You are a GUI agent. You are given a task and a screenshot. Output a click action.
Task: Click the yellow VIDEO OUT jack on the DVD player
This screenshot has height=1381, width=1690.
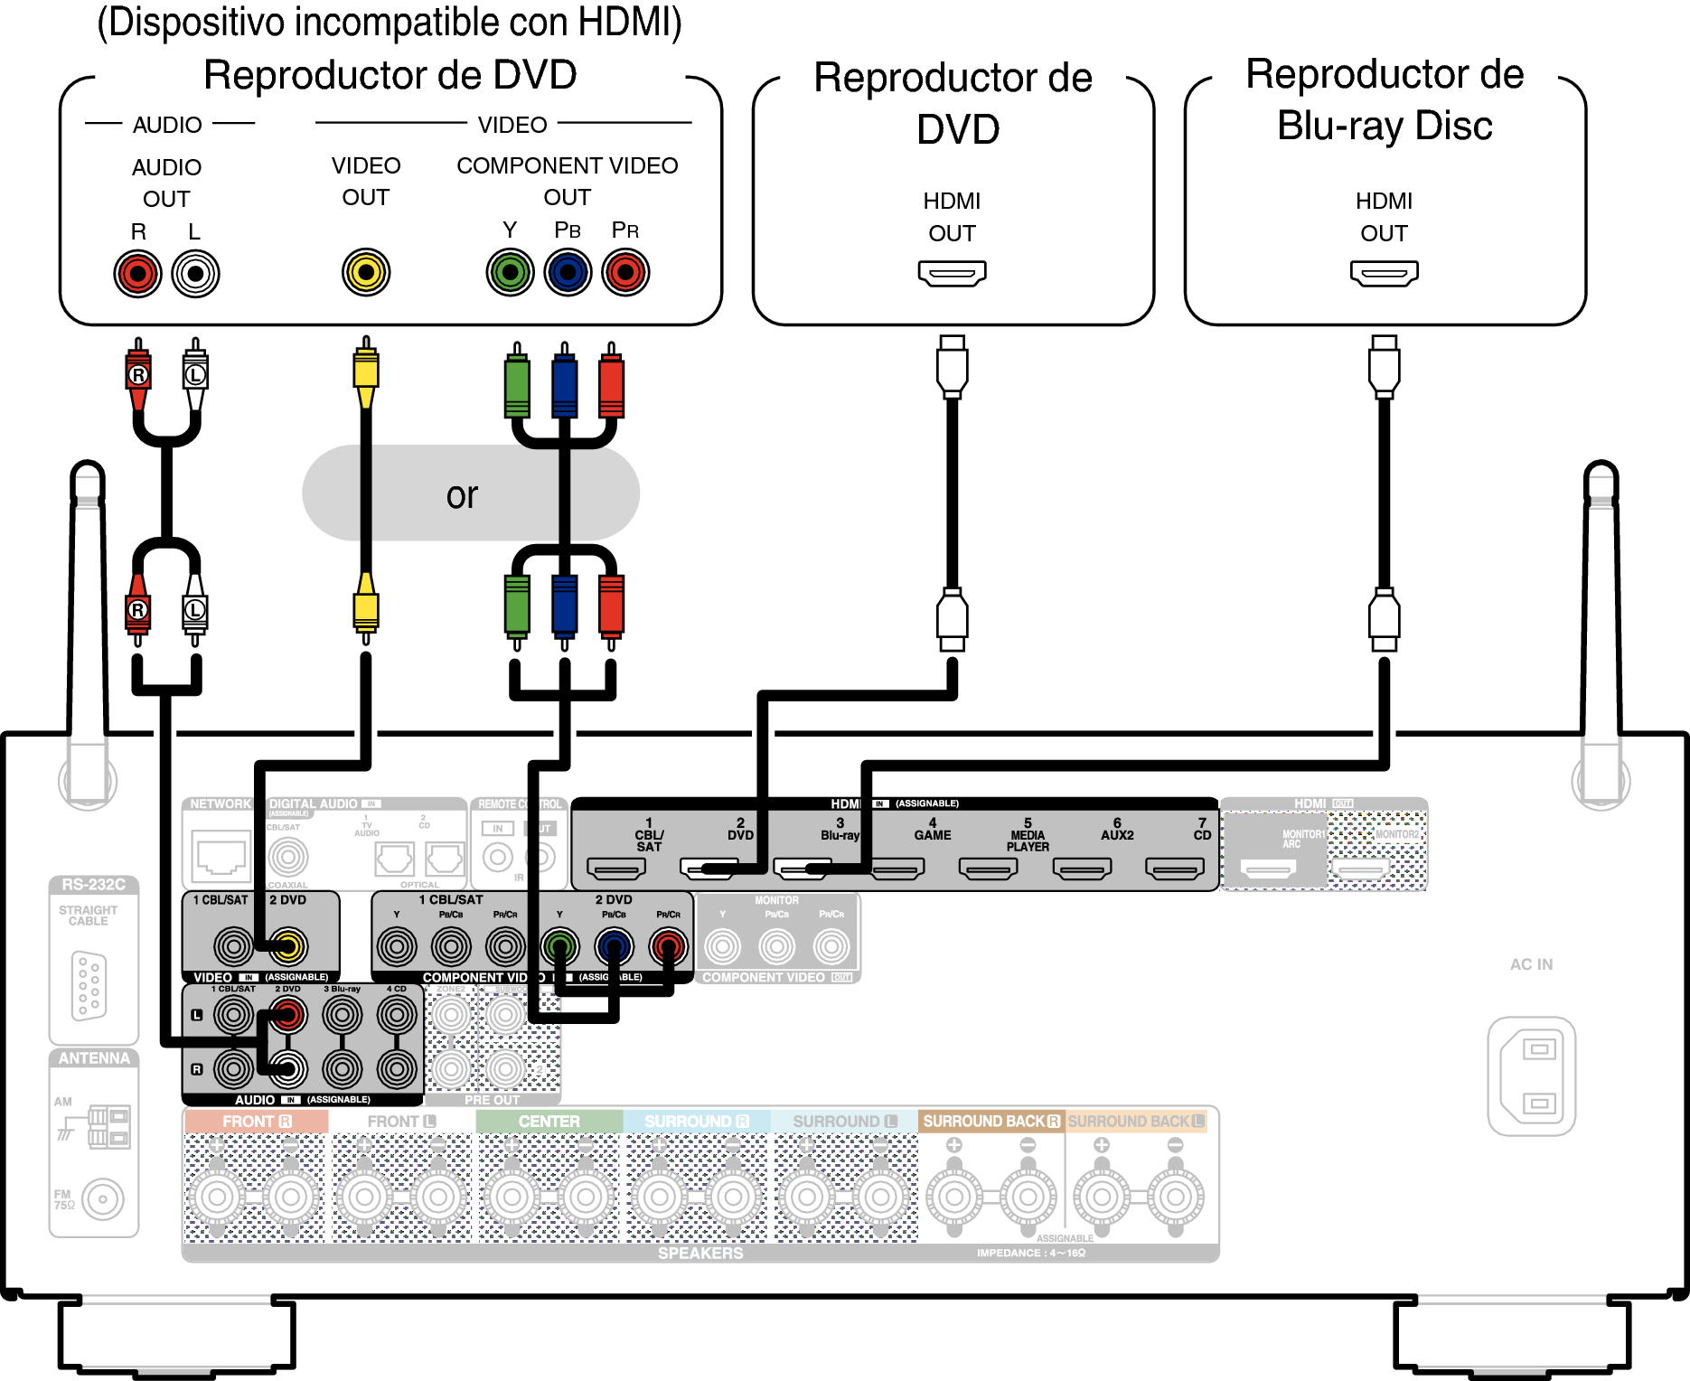tap(366, 272)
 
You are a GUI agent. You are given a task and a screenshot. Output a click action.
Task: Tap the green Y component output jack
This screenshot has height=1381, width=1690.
tap(511, 272)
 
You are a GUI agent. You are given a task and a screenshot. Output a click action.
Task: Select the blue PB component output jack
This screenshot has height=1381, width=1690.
tap(568, 272)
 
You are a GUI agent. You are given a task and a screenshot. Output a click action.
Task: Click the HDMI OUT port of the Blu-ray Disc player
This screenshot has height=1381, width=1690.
tap(1384, 272)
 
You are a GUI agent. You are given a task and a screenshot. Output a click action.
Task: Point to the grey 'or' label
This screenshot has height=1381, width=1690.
tap(463, 494)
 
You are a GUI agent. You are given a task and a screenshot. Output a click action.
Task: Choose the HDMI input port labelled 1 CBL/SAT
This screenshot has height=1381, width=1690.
tap(616, 869)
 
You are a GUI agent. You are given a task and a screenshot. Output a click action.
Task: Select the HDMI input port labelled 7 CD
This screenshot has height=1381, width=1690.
tap(1175, 869)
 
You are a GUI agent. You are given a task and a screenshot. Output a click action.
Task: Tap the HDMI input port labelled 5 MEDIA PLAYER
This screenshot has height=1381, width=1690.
tap(989, 869)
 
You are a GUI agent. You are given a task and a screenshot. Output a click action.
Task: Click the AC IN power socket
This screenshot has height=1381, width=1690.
tap(1532, 1076)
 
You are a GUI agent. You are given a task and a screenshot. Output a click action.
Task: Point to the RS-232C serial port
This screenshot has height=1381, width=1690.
tap(89, 985)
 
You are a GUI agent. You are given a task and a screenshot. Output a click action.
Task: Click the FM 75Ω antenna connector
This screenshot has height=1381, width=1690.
tap(103, 1200)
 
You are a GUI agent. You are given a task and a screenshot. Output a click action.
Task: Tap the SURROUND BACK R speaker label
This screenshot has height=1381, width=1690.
tap(991, 1122)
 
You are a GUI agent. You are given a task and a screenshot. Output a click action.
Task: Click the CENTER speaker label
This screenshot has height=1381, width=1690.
tap(549, 1122)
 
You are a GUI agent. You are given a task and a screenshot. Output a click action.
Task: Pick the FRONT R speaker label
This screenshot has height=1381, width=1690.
tap(257, 1122)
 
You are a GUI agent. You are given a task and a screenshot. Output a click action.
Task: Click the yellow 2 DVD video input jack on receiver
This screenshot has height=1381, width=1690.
tap(288, 946)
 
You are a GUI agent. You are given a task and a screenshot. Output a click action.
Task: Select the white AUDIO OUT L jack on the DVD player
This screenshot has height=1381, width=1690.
tap(195, 273)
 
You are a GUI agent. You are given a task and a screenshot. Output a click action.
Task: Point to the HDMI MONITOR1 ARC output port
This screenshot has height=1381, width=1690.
tap(1269, 869)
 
